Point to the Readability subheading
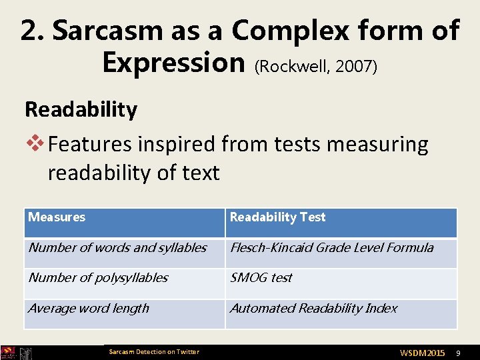coord(81,109)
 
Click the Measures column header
coord(57,217)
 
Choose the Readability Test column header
coord(278,217)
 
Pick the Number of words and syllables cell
coord(117,248)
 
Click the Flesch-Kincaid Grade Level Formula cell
coord(332,248)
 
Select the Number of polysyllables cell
coord(98,278)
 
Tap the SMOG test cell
coord(261,278)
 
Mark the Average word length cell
coord(89,309)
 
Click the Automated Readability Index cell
coord(313,309)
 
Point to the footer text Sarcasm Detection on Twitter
coord(154,352)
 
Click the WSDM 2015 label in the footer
coord(422,352)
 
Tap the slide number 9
coord(457,352)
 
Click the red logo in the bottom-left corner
coord(8,353)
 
